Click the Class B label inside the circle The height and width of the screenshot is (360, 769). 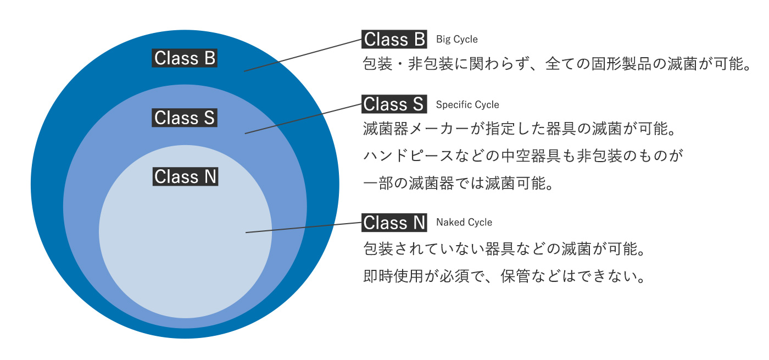click(185, 58)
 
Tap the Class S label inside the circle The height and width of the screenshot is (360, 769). click(185, 118)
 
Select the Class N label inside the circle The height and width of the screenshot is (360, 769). click(185, 176)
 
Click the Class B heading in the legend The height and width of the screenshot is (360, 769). click(394, 39)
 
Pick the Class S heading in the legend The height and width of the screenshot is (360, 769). click(394, 104)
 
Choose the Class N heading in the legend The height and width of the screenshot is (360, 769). click(394, 223)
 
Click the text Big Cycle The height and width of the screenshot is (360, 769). click(456, 40)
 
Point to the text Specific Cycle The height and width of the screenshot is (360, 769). click(467, 105)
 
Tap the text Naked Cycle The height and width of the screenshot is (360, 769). click(464, 223)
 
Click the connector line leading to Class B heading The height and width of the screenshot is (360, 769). click(303, 56)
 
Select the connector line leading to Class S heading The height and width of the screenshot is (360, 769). click(303, 119)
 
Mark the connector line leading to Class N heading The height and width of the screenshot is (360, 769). click(303, 228)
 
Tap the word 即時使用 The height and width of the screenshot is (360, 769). click(393, 276)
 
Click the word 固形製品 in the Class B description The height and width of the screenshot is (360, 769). click(621, 64)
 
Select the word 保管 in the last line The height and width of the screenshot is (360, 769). click(515, 276)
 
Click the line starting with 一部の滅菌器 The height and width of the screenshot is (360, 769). click(458, 183)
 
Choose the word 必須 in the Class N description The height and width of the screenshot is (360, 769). click(455, 276)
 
